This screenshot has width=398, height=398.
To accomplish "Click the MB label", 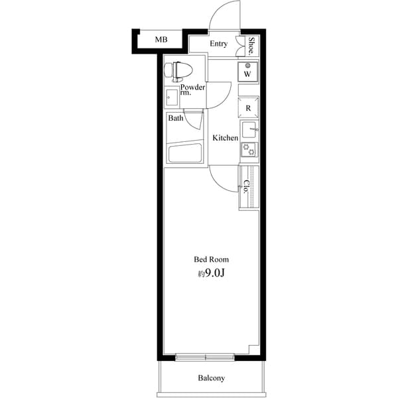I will pyautogui.click(x=161, y=40).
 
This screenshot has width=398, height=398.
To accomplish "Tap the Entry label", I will pyautogui.click(x=219, y=44).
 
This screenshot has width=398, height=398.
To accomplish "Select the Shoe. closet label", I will pyautogui.click(x=252, y=44).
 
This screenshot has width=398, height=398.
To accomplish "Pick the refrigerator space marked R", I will pyautogui.click(x=247, y=107).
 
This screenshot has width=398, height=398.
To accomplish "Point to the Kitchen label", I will pyautogui.click(x=225, y=138).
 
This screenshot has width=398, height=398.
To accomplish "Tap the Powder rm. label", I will pyautogui.click(x=192, y=90).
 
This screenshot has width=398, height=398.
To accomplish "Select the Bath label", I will pyautogui.click(x=176, y=119).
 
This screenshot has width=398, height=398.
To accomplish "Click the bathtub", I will pyautogui.click(x=184, y=153).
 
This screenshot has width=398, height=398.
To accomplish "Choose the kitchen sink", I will pyautogui.click(x=249, y=129).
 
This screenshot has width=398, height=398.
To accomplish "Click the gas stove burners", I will pyautogui.click(x=249, y=149).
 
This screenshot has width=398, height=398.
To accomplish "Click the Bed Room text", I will pyautogui.click(x=211, y=259).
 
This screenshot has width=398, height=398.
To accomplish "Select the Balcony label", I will pyautogui.click(x=212, y=379).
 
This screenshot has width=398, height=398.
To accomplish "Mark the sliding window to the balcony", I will pyautogui.click(x=206, y=358).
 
